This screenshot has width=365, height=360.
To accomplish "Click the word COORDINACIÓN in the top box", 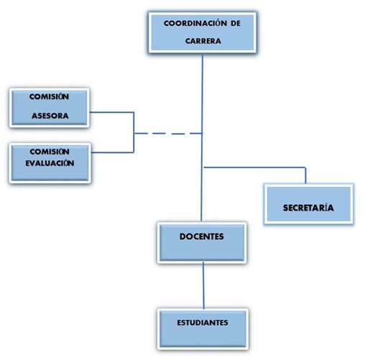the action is coord(195,23).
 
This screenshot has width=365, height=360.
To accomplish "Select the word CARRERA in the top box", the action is coord(203,41).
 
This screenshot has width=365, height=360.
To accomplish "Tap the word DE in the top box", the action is coord(236,23).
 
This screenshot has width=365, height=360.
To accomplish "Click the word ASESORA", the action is coord(50,116).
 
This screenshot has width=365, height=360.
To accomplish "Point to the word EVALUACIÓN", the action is coord(50,163).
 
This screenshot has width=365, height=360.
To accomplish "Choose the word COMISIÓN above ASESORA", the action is coord(49,96).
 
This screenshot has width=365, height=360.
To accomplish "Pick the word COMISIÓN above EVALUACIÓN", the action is coord(50,152).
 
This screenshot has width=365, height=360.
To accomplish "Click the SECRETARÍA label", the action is coord(308,208).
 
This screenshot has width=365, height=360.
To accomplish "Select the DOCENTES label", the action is coord(202,236).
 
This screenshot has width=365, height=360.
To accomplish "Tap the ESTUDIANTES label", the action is coord(203,323).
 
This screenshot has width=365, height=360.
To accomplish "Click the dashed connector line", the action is coord(168,134).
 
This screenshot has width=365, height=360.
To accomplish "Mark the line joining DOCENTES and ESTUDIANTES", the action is coord(203,285).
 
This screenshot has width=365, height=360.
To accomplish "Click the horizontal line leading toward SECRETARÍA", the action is coord(254,167).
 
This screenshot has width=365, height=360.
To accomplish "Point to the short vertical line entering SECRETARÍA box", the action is coord(305,175).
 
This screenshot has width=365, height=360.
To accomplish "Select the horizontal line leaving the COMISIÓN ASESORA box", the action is coord(111,112).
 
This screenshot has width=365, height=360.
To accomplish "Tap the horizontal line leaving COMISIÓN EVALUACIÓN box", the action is coord(113,152).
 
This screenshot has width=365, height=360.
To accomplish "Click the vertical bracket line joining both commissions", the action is coord(134,132).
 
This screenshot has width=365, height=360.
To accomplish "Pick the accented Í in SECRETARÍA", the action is coord(323,208).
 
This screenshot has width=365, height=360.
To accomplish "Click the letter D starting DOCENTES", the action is coord(182,236).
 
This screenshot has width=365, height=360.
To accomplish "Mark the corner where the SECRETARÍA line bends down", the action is coord(305,167).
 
